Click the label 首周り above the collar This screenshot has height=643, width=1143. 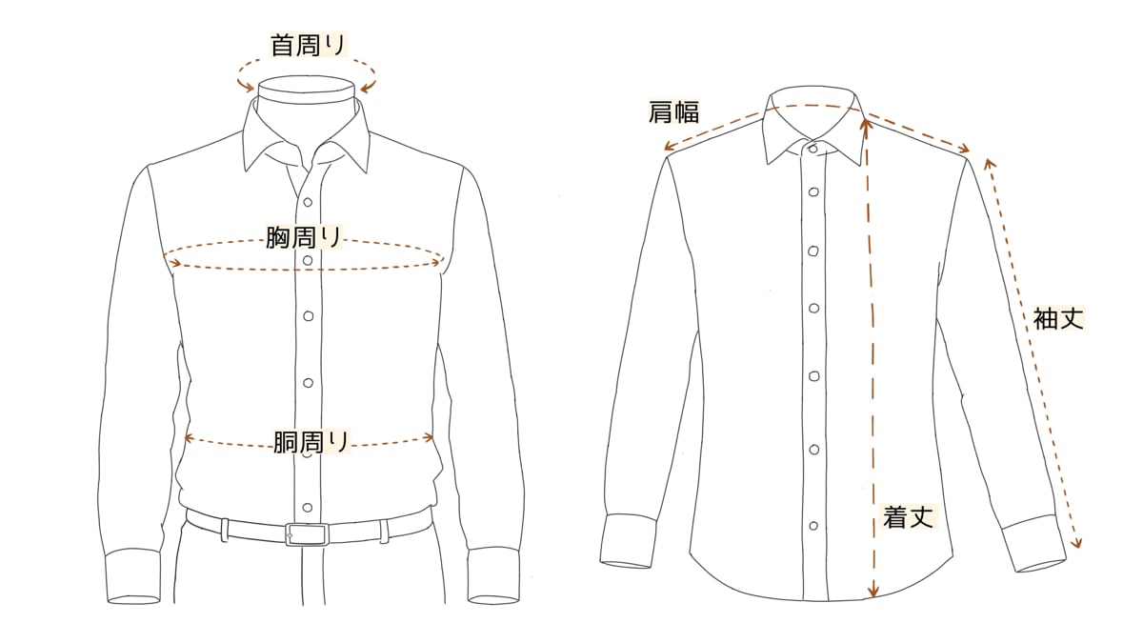click(x=309, y=45)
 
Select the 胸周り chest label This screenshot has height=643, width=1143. click(x=304, y=237)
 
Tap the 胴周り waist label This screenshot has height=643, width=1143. click(x=311, y=442)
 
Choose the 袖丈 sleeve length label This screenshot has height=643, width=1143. click(x=1058, y=318)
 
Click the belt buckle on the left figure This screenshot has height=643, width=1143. click(x=306, y=533)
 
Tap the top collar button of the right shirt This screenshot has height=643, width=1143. click(x=813, y=148)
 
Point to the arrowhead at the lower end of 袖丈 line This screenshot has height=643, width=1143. click(x=1078, y=545)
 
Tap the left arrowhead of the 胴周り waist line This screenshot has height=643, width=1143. click(x=189, y=438)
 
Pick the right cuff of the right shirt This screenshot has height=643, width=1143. click(x=1033, y=544)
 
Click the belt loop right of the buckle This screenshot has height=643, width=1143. click(x=384, y=531)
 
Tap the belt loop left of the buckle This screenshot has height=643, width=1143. click(x=225, y=529)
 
